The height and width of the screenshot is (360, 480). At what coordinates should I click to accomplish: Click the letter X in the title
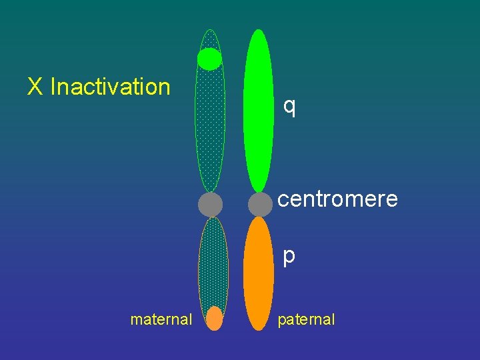tap(35, 87)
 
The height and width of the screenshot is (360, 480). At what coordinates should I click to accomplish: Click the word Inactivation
tap(111, 87)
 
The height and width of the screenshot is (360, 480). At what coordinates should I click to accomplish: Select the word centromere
tap(337, 199)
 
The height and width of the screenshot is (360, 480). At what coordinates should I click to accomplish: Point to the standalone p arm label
tap(289, 256)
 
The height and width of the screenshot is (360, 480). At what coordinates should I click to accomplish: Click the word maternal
tap(161, 319)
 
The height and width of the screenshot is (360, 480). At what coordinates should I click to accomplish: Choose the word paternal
tap(306, 319)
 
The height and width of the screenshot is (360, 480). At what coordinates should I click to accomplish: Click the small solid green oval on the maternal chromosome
tap(209, 59)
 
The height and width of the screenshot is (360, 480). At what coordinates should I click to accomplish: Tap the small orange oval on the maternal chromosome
tap(214, 318)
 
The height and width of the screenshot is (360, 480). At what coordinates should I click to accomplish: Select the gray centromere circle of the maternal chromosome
tap(210, 204)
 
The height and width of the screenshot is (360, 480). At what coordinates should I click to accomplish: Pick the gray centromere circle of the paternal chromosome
tap(260, 204)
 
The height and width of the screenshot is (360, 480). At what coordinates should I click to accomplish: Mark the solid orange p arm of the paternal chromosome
tap(259, 273)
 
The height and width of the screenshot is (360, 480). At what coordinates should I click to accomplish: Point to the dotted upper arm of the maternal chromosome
tap(210, 130)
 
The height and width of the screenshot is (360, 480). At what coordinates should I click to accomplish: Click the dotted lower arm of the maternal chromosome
tap(213, 263)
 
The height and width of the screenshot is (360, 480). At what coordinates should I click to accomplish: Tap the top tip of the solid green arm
tap(259, 32)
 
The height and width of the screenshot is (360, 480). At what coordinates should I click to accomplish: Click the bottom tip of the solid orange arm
tap(259, 328)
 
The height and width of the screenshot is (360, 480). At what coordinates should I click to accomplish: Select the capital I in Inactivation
tap(53, 87)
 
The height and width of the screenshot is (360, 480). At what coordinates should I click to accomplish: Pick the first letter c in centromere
tap(283, 199)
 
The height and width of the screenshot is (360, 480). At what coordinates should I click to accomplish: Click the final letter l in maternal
tap(190, 319)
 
